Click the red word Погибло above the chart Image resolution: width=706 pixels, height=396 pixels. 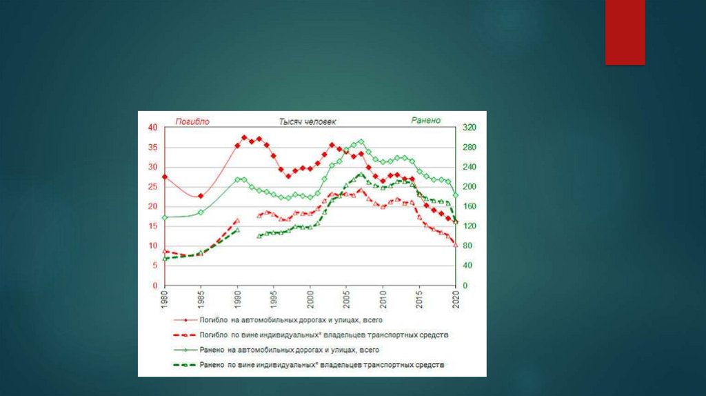point(192,121)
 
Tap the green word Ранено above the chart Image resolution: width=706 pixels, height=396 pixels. point(425,121)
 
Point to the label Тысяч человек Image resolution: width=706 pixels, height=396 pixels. point(307,121)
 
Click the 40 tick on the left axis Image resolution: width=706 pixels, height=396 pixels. point(152,128)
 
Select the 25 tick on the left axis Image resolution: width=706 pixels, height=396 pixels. point(152,187)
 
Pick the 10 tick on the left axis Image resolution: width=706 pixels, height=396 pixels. point(152,246)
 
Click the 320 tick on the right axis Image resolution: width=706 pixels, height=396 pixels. point(470,128)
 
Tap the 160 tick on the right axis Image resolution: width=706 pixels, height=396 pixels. point(470,207)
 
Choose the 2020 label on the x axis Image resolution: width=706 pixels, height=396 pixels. point(455,299)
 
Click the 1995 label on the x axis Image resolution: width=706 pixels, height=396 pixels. point(274,299)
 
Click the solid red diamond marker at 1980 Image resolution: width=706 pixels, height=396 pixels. point(165,177)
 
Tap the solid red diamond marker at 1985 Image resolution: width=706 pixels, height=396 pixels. point(201,196)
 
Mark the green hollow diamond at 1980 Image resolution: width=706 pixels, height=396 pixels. point(165,217)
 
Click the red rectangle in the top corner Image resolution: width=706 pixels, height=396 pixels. point(625,32)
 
